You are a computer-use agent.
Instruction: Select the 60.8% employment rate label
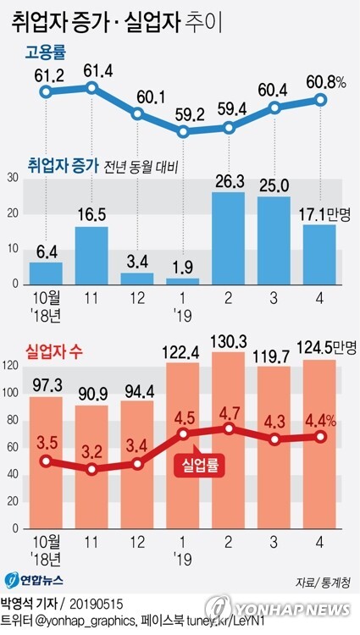coord(325,83)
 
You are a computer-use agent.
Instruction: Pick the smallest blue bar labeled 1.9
coord(183,281)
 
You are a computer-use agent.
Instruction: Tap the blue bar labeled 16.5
coord(91,256)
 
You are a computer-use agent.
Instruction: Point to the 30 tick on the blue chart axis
coord(13,178)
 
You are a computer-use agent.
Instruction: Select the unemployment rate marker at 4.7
coord(229,428)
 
